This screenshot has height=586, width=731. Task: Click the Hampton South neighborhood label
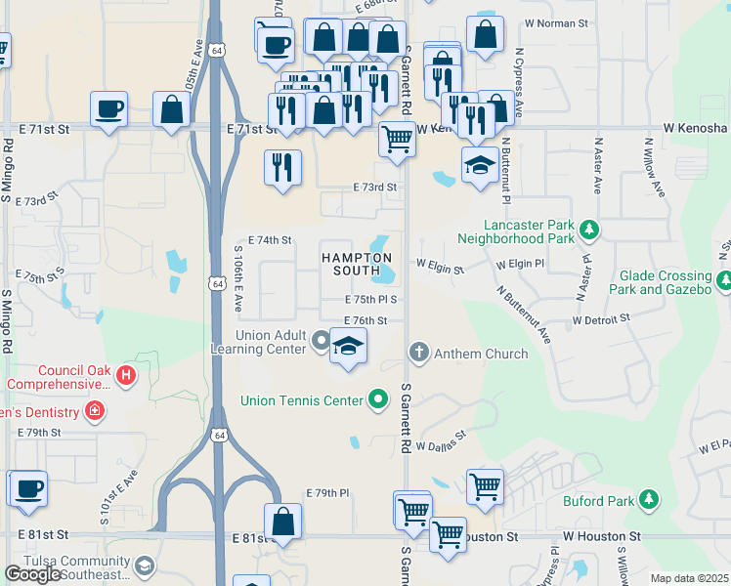pyautogui.click(x=349, y=264)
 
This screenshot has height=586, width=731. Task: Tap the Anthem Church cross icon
pyautogui.click(x=419, y=353)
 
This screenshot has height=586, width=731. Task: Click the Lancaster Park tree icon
pyautogui.click(x=588, y=230)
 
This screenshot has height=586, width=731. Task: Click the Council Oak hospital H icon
pyautogui.click(x=125, y=374)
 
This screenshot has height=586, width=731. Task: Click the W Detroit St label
pyautogui.click(x=605, y=320)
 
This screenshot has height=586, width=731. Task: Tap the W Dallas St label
pyautogui.click(x=441, y=444)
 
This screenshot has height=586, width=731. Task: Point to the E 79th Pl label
pyautogui.click(x=326, y=493)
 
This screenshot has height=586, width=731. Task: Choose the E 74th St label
pyautogui.click(x=270, y=239)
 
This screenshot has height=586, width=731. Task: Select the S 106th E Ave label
pyautogui.click(x=237, y=278)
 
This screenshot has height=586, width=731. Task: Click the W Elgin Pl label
pyautogui.click(x=520, y=264)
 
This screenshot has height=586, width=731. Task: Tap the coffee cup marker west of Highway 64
pyautogui.click(x=109, y=108)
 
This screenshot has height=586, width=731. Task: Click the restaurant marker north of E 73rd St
pyautogui.click(x=282, y=167)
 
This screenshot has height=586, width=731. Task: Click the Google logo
pyautogui.click(x=33, y=574)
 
